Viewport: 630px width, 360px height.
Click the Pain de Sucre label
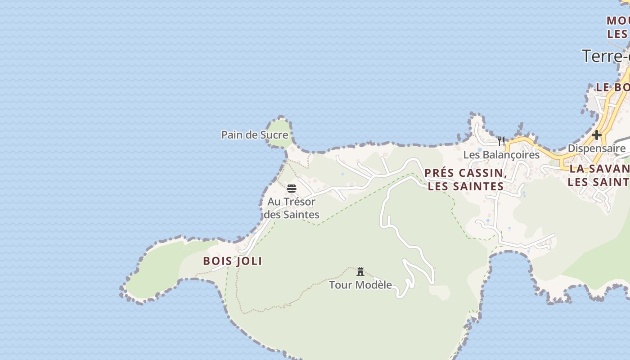coord(255,135)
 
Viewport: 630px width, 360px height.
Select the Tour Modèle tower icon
coord(360,272)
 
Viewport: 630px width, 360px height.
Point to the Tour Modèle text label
coord(360,285)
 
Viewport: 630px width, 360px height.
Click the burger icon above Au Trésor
coord(292,188)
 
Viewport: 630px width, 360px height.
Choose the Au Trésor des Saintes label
coord(292,208)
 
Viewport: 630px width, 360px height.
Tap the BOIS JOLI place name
coord(233,261)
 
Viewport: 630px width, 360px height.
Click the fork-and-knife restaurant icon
coord(501,141)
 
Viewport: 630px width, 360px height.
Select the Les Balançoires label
coord(501,155)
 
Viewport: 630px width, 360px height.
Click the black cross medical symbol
coord(597,135)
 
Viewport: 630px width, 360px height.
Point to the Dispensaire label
coord(596,148)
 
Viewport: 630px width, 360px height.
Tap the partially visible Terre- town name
coord(606,56)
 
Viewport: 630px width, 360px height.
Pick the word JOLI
coord(249,261)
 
